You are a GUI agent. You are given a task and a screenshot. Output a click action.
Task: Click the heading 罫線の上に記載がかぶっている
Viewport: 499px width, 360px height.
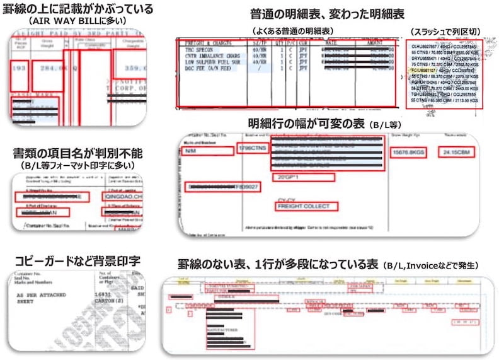[78, 9]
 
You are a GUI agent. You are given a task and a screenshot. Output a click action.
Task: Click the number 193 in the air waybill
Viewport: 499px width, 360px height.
[19, 68]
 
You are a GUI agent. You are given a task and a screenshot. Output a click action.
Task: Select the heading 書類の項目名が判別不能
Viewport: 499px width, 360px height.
[78, 153]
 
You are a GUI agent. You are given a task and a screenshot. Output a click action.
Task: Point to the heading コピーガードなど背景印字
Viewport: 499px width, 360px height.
[77, 261]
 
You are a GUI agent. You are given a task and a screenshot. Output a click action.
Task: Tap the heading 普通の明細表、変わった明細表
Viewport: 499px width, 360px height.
[327, 13]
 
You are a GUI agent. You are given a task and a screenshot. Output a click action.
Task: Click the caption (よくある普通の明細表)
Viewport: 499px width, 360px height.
[292, 30]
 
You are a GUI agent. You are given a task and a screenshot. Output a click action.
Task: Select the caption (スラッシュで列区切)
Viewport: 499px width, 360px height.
[445, 30]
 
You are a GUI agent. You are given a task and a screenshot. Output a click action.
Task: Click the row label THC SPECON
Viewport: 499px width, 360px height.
[197, 49]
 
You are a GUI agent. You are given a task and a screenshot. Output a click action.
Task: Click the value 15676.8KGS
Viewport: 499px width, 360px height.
[409, 153]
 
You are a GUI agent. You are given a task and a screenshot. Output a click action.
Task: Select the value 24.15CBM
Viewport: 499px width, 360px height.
[457, 153]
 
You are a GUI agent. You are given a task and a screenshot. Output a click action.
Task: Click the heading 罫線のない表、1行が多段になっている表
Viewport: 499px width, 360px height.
[278, 265]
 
